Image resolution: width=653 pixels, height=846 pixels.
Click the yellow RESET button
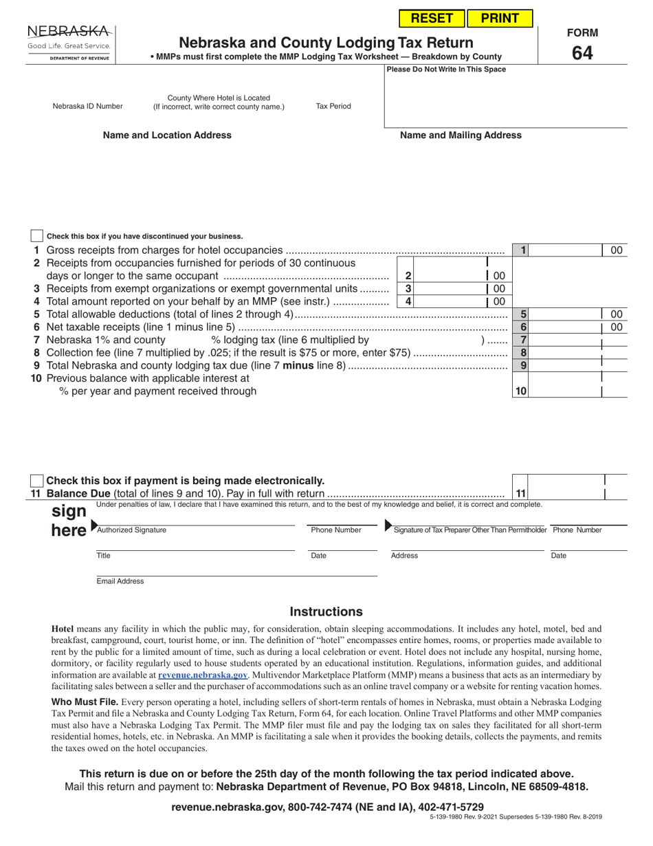click(x=432, y=19)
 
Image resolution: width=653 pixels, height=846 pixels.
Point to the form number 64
click(x=582, y=52)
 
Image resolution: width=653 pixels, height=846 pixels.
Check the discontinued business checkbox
click(x=37, y=236)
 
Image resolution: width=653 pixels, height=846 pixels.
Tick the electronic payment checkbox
click(x=37, y=481)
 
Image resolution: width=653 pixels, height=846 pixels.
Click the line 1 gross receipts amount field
click(x=567, y=250)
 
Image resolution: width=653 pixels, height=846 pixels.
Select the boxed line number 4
click(x=408, y=301)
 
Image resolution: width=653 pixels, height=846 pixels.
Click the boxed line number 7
click(x=523, y=340)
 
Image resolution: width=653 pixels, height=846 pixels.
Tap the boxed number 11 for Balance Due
click(x=520, y=493)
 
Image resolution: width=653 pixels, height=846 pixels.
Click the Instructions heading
click(x=326, y=611)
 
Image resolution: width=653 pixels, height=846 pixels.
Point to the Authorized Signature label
click(x=131, y=530)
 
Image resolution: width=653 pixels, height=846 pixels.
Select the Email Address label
click(x=120, y=581)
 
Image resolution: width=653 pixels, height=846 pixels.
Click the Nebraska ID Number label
click(x=88, y=107)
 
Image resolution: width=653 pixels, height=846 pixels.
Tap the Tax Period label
click(x=333, y=107)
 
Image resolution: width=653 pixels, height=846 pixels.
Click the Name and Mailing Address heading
click(x=461, y=135)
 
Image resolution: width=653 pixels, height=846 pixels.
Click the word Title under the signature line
click(x=103, y=556)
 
